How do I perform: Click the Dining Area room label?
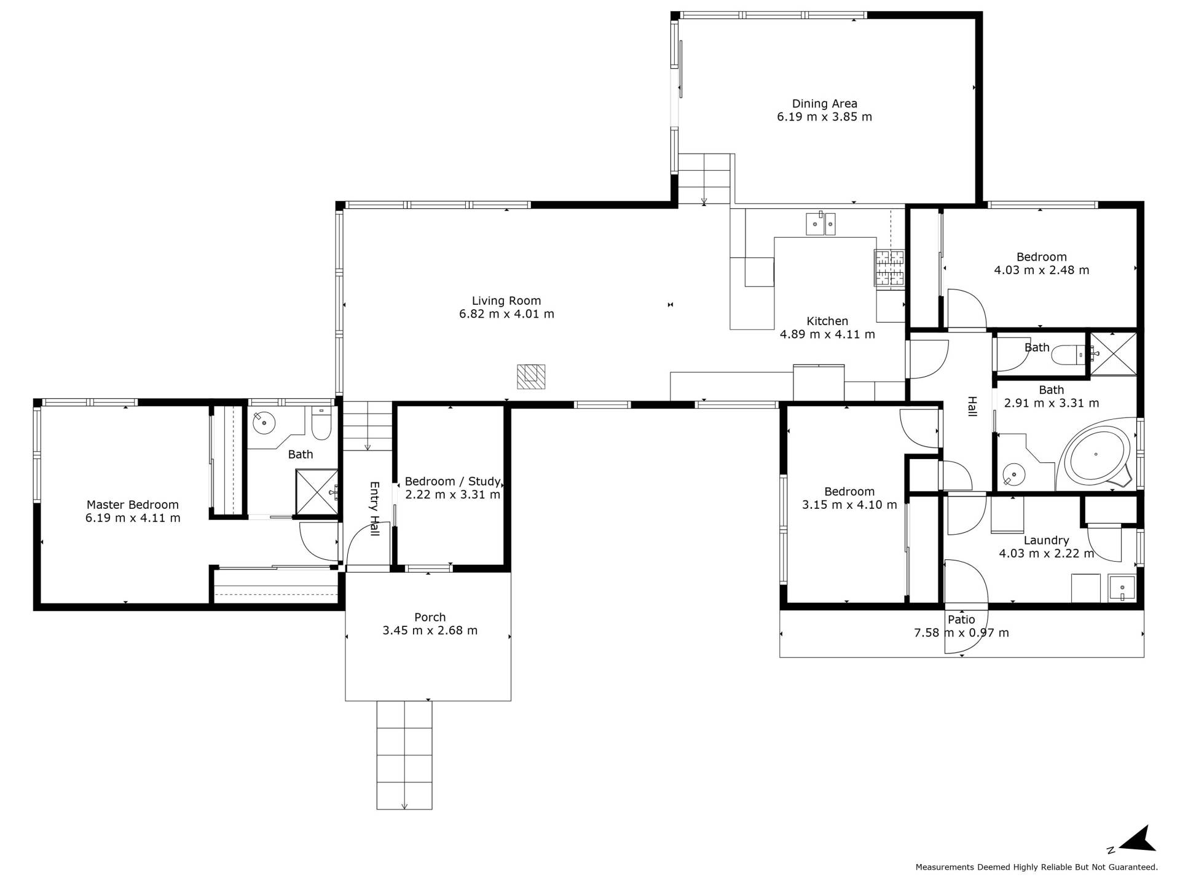pos(824,104)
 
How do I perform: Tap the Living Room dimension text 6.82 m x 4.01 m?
pos(506,314)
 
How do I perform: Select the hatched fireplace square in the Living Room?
pos(531,377)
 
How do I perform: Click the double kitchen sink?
pos(821,224)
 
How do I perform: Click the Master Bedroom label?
pos(133,505)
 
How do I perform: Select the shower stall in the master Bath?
pos(317,492)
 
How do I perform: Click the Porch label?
pos(430,617)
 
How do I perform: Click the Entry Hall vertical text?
pos(374,508)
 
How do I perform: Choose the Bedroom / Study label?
pos(453,481)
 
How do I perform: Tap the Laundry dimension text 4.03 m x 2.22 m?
pos(1046,553)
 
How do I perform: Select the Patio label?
pos(961,619)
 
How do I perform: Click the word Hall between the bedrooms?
pos(972,406)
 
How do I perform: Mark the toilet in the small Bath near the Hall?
pos(1069,355)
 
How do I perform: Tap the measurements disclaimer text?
pos(1036,867)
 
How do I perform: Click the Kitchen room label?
pos(827,321)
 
